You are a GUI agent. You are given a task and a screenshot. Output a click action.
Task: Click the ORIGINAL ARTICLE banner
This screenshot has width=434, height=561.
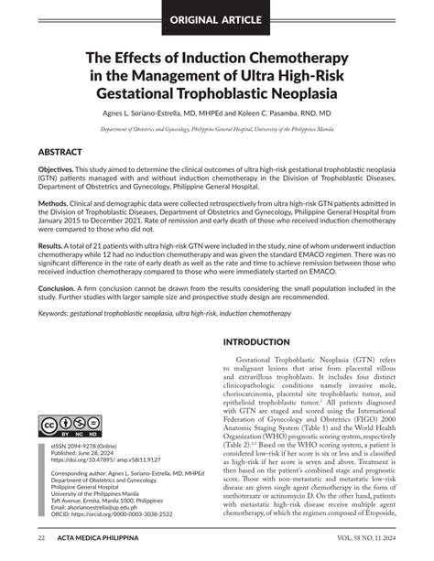point(216,17)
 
